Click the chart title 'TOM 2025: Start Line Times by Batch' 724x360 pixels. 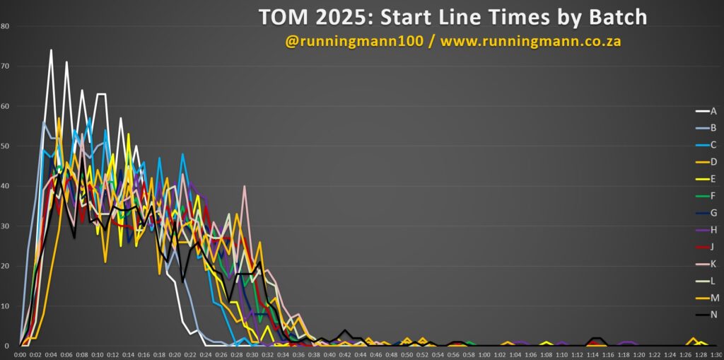[x=452, y=17]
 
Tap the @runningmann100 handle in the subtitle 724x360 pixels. [x=354, y=41]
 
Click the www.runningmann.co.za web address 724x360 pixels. [x=530, y=41]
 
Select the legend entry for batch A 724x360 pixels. [x=706, y=111]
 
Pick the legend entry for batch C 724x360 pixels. [x=706, y=145]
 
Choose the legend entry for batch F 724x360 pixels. [x=706, y=196]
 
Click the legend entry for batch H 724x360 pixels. [x=706, y=230]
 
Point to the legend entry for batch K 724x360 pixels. [x=706, y=264]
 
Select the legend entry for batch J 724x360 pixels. [x=706, y=247]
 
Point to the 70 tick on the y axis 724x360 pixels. [x=5, y=66]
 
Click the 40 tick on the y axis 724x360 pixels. [x=5, y=186]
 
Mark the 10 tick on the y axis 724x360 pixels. [x=5, y=306]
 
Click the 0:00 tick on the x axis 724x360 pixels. [x=20, y=355]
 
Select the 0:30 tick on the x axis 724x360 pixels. [x=252, y=355]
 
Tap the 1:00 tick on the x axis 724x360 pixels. [x=484, y=355]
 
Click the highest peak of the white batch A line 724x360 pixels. [x=51, y=50]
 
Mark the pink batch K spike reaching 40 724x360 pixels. [x=244, y=186]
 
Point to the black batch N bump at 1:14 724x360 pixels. [x=597, y=338]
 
